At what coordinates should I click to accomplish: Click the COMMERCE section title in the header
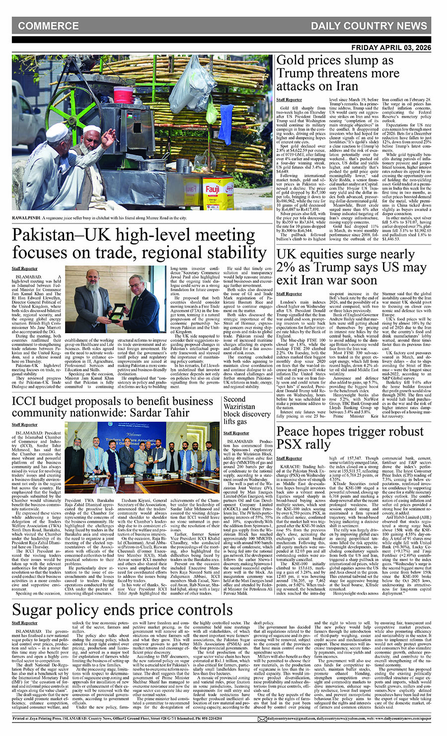(48, 26)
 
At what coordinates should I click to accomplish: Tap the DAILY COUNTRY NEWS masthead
(369, 26)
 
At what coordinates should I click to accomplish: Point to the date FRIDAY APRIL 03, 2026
(392, 48)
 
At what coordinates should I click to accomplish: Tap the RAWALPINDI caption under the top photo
(27, 218)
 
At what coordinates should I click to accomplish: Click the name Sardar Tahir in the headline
(163, 413)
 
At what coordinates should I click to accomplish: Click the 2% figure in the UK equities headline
(286, 268)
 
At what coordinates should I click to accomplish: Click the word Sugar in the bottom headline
(36, 609)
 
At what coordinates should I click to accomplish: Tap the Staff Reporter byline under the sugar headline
(25, 623)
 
